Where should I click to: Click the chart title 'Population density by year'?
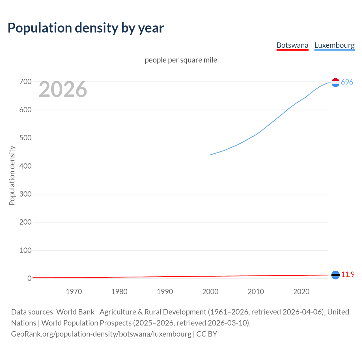pyautogui.click(x=86, y=28)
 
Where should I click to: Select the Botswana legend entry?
pyautogui.click(x=292, y=45)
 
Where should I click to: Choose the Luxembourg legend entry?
pyautogui.click(x=334, y=45)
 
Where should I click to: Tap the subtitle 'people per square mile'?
pyautogui.click(x=181, y=60)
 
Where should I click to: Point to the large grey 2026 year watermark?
pyautogui.click(x=63, y=89)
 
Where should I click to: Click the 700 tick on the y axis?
pyautogui.click(x=25, y=82)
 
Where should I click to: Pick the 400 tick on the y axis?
pyautogui.click(x=25, y=166)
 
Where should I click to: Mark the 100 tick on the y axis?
pyautogui.click(x=25, y=250)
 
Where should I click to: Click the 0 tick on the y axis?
pyautogui.click(x=29, y=278)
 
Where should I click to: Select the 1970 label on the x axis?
pyautogui.click(x=74, y=292)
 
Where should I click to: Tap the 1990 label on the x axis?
pyautogui.click(x=165, y=292)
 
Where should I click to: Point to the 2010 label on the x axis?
pyautogui.click(x=256, y=292)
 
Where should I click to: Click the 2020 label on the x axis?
pyautogui.click(x=301, y=292)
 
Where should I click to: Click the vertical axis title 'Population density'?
pyautogui.click(x=12, y=175)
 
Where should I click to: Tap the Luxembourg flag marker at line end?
pyautogui.click(x=335, y=82)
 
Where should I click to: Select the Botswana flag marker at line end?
pyautogui.click(x=335, y=275)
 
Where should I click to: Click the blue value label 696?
pyautogui.click(x=347, y=82)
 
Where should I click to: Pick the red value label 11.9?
pyautogui.click(x=348, y=274)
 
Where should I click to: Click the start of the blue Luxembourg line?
pyautogui.click(x=211, y=155)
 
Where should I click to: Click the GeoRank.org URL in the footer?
pyautogui.click(x=101, y=334)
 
